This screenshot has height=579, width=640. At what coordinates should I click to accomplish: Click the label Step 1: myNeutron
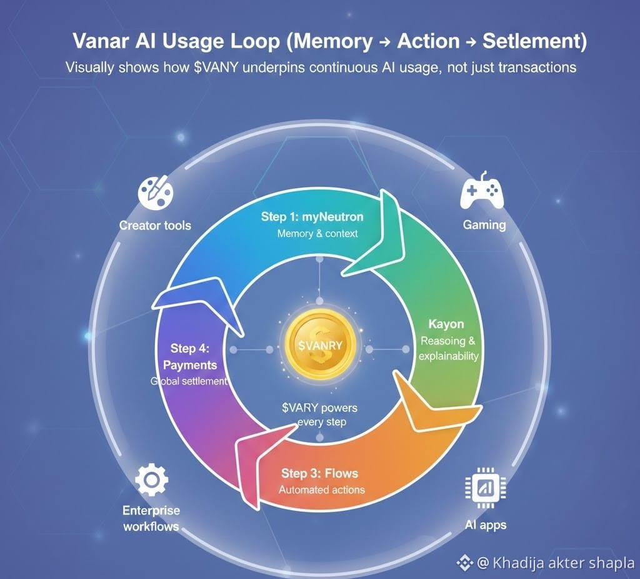tap(312, 217)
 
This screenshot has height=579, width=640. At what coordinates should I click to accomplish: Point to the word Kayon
tap(446, 325)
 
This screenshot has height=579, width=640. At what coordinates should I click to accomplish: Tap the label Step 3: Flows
tap(319, 473)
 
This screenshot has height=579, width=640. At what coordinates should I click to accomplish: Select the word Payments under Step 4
tap(189, 365)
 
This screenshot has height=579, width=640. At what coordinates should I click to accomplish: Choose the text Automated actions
tap(322, 490)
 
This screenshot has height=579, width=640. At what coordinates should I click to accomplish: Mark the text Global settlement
tap(189, 381)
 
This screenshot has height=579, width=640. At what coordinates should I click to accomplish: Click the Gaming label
tap(484, 224)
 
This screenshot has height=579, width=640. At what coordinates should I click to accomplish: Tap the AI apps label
tap(486, 524)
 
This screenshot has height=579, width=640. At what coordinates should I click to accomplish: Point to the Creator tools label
tap(155, 224)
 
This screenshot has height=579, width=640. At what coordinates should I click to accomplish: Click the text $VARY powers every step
tap(319, 415)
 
